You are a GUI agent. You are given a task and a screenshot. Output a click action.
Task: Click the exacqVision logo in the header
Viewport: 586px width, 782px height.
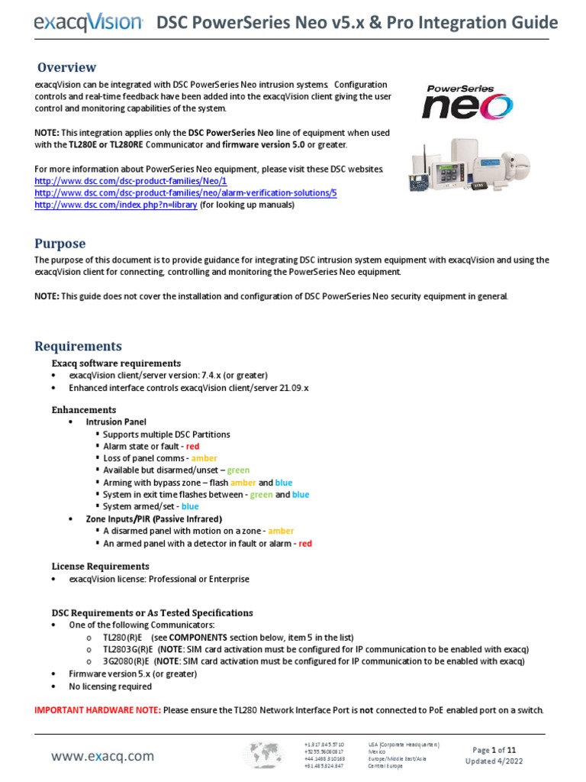click(x=88, y=24)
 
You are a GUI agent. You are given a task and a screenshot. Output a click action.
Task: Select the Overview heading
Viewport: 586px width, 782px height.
click(x=67, y=67)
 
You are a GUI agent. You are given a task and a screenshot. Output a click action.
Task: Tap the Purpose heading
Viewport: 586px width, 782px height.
click(x=60, y=244)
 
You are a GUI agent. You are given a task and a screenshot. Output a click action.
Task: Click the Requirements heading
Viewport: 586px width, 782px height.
click(x=78, y=347)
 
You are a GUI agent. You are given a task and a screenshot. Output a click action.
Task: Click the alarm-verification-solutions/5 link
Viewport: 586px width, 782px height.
click(x=185, y=193)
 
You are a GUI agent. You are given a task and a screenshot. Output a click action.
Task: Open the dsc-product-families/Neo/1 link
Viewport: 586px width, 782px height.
click(x=130, y=182)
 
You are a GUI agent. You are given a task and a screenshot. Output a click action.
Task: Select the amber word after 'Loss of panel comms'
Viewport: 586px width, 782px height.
click(x=204, y=458)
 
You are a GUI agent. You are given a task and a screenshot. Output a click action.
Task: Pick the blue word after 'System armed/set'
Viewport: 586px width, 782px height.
click(x=190, y=506)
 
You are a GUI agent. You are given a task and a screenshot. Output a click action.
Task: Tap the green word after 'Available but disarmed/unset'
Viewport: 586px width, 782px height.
click(x=238, y=470)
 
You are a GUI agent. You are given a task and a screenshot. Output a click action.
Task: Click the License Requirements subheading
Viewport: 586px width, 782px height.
click(x=100, y=567)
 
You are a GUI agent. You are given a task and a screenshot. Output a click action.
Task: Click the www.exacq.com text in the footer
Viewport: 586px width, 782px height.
click(x=102, y=757)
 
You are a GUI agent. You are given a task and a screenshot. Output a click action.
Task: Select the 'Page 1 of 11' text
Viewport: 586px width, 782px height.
click(x=495, y=750)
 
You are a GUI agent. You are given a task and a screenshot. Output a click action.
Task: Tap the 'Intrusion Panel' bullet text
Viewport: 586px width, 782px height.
click(x=116, y=422)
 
